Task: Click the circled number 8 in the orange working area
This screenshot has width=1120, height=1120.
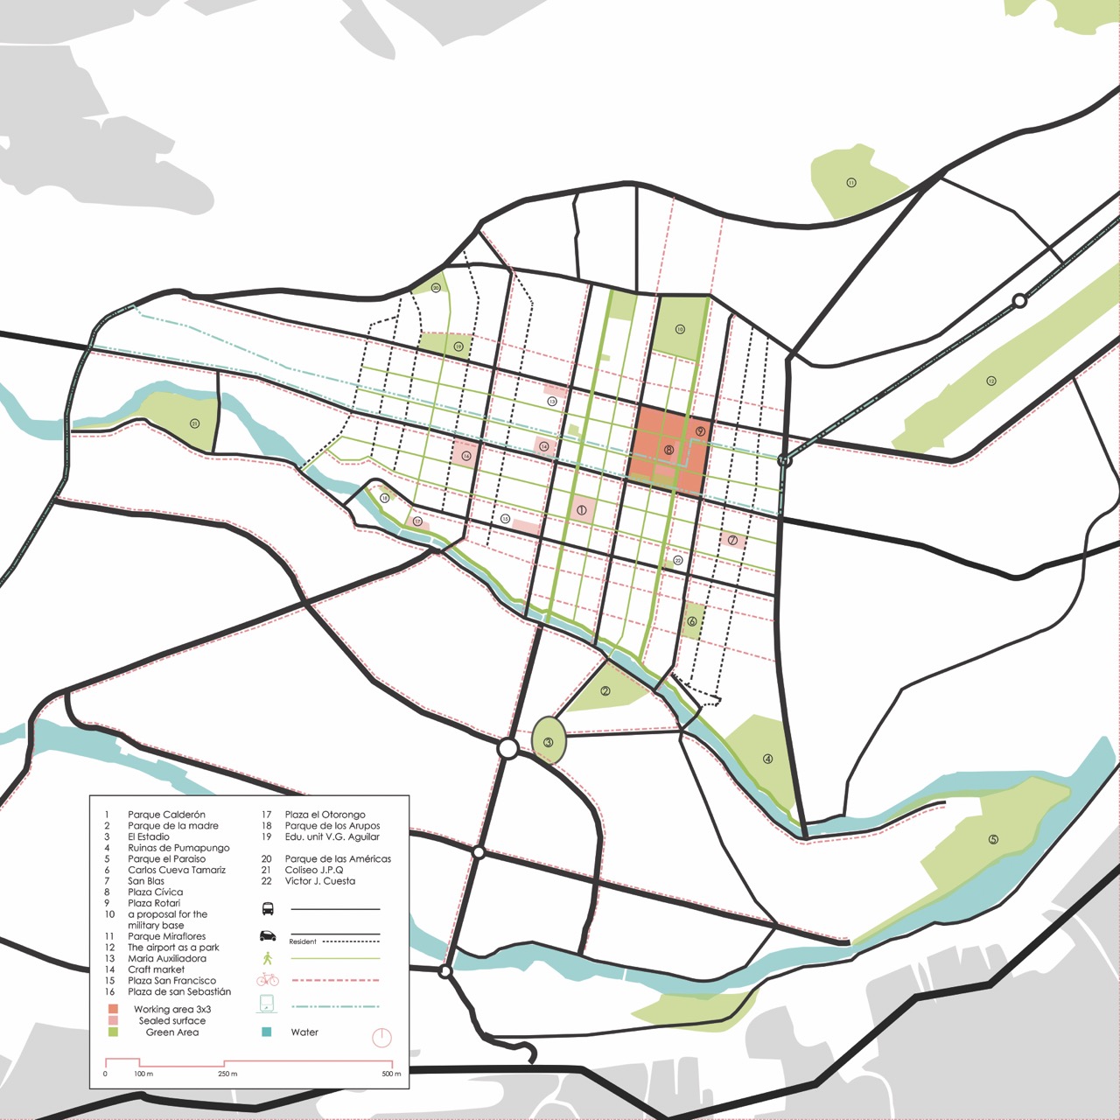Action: click(668, 450)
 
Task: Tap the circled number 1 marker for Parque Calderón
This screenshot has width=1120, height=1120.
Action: click(581, 509)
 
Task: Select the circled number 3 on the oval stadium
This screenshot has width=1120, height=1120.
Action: click(549, 742)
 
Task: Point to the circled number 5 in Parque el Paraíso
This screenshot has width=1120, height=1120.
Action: click(993, 839)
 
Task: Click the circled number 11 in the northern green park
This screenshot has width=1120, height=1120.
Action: click(850, 183)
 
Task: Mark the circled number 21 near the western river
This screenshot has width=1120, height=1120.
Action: click(194, 423)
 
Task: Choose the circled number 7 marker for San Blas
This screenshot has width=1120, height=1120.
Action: click(732, 540)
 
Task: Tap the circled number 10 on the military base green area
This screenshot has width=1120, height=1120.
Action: click(680, 330)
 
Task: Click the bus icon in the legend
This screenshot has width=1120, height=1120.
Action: click(268, 909)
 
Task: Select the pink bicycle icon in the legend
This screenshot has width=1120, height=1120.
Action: click(268, 980)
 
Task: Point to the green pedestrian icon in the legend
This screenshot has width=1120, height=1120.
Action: click(268, 958)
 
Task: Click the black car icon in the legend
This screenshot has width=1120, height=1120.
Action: click(268, 935)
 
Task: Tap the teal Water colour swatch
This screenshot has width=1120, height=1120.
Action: click(267, 1032)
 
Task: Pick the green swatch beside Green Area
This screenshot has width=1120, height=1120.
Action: click(113, 1032)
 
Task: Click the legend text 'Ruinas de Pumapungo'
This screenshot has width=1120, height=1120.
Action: click(178, 848)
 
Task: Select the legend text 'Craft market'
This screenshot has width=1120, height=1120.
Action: click(156, 969)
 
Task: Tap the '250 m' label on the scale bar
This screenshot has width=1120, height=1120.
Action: click(227, 1074)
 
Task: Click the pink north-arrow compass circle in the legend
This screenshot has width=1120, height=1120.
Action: click(381, 1038)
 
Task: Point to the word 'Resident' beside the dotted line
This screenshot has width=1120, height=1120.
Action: click(303, 941)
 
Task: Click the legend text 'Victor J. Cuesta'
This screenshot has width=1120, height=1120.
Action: click(319, 881)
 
